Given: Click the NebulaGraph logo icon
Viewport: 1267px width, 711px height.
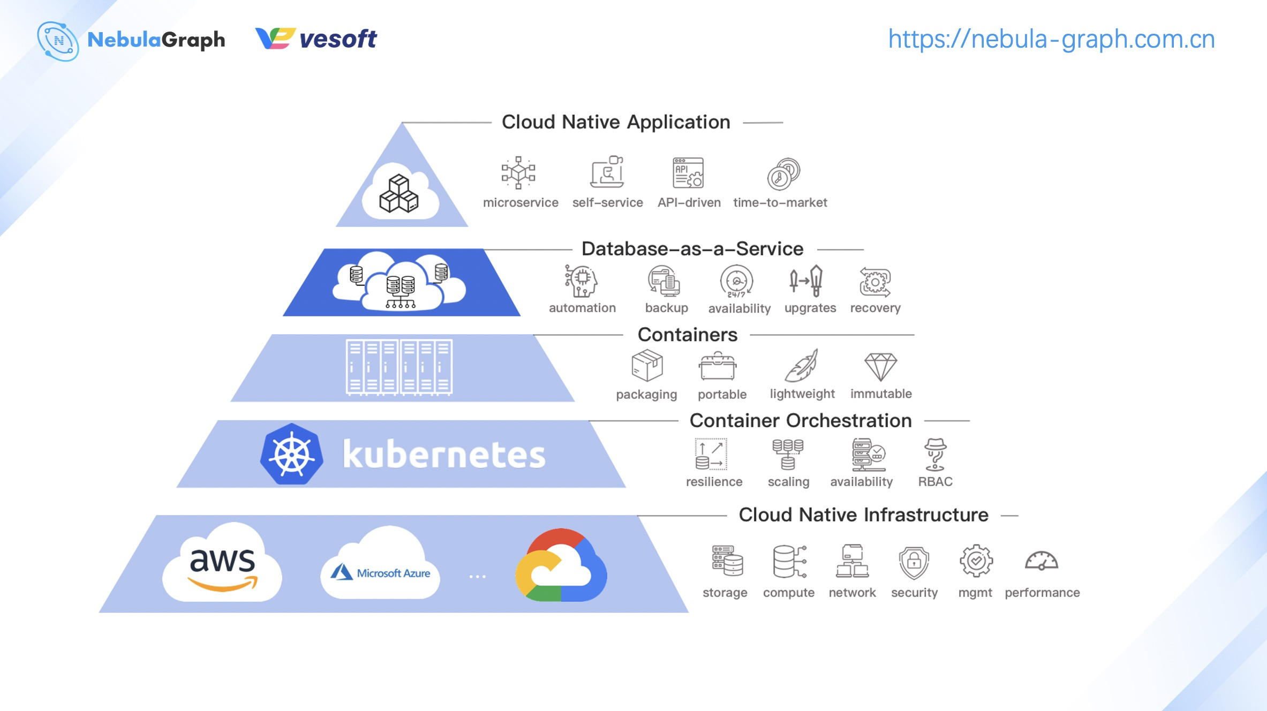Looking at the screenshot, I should [58, 41].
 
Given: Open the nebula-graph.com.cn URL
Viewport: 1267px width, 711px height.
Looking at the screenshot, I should [1051, 39].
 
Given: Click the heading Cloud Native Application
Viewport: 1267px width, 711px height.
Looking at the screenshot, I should [615, 122].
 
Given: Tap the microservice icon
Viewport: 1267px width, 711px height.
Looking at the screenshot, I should [518, 172].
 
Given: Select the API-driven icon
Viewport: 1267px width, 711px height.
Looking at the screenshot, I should [688, 172].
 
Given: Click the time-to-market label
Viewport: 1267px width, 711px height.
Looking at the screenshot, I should [780, 202].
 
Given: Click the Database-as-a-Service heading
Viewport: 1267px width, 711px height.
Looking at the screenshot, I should [692, 249].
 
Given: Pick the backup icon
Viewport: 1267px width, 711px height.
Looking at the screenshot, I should [665, 281].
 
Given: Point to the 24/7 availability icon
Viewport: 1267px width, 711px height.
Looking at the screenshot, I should [737, 281].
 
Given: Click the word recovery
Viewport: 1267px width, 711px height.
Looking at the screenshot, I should [875, 308].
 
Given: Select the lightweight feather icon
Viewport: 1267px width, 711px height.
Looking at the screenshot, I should [801, 366].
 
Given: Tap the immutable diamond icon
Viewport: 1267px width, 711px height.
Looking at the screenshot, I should [880, 366].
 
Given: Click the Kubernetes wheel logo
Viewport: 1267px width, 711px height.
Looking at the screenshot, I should [291, 454].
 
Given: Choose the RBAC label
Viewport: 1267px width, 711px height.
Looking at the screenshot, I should [935, 481].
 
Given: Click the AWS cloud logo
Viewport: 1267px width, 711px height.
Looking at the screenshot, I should [222, 565].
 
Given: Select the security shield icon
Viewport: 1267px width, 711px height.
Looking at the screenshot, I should [914, 562].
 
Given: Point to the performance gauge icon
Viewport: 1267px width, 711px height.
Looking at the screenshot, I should [1041, 561].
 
